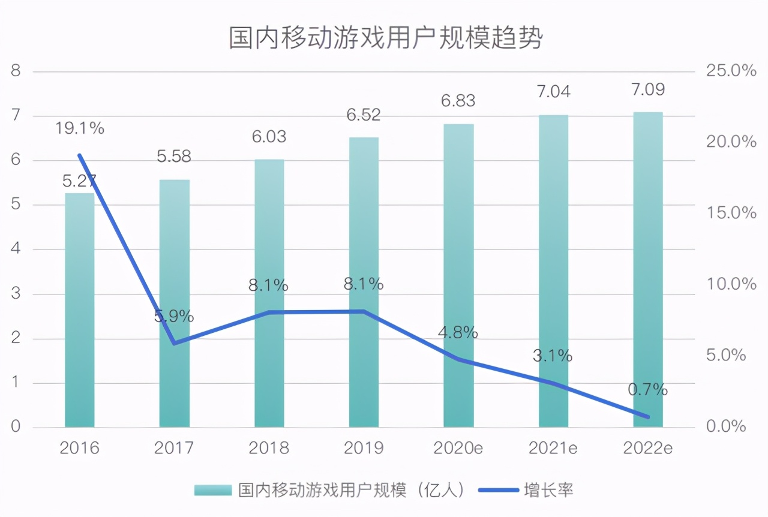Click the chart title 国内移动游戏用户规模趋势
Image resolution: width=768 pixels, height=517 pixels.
point(385,38)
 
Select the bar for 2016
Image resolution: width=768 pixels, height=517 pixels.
point(79,312)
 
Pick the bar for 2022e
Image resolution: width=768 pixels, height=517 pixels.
point(648,270)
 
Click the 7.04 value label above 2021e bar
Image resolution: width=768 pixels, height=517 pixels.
point(553,91)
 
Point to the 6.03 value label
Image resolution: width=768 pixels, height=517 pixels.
point(269,136)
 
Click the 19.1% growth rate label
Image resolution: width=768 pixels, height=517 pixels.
point(80,128)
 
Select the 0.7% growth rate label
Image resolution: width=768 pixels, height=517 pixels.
point(647,389)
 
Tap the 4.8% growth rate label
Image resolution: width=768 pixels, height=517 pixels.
point(458,332)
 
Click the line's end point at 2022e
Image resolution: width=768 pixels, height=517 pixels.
point(647,416)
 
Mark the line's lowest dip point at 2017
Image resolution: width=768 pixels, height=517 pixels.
point(174,343)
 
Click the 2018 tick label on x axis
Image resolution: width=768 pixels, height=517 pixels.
point(269,447)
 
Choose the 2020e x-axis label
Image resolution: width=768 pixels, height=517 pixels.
point(458,447)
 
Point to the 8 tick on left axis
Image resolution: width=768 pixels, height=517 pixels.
point(16,71)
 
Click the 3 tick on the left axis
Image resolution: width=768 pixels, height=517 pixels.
point(16,294)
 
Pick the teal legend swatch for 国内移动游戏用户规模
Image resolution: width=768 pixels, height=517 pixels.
point(212,491)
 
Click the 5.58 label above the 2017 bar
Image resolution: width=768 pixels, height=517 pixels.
point(174,157)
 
